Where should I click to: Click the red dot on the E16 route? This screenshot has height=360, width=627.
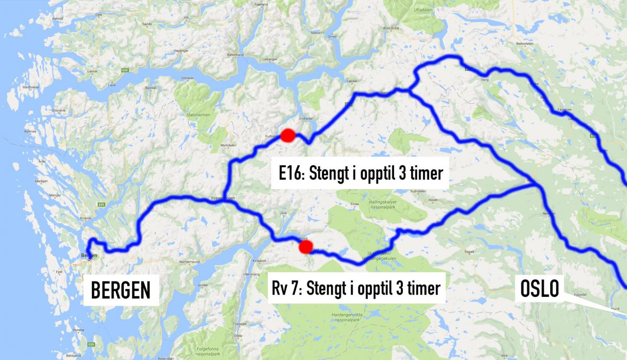(x=288, y=135)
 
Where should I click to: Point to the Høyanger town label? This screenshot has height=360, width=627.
(x=181, y=50)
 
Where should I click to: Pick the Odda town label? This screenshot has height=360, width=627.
(x=237, y=336)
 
